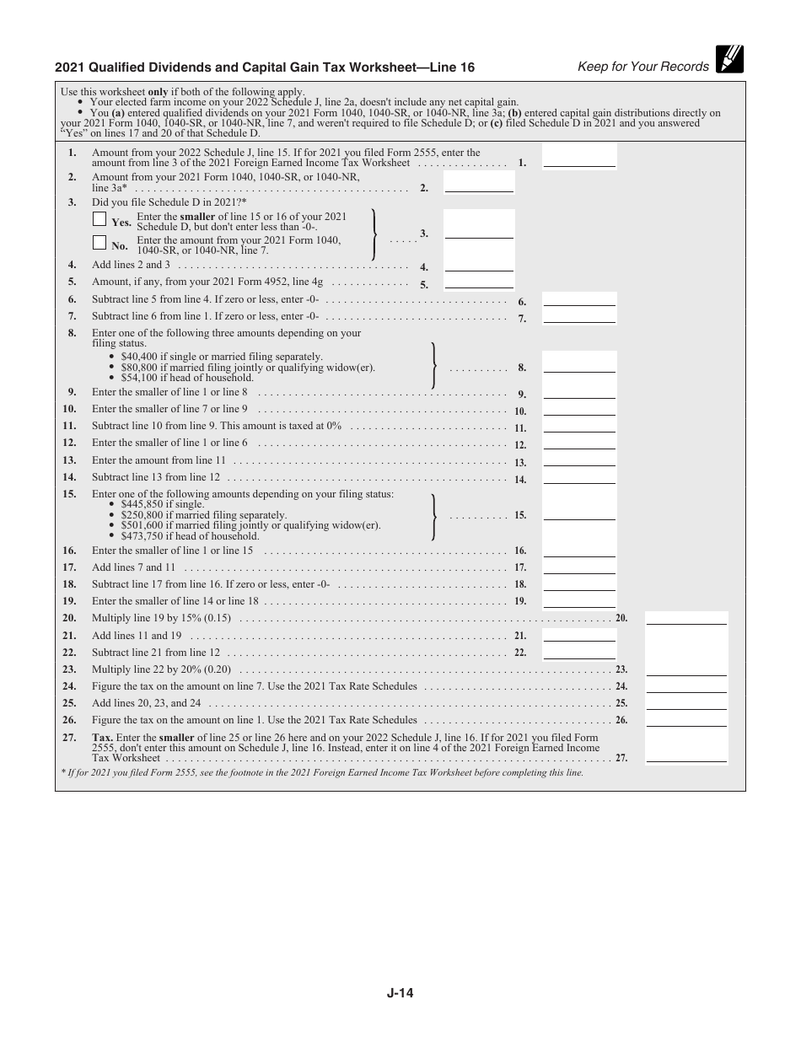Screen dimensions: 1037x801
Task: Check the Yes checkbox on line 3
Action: pos(99,219)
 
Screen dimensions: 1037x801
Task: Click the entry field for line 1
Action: pos(579,157)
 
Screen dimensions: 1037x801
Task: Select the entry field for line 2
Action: pos(479,182)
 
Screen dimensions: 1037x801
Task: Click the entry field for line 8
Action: pos(579,363)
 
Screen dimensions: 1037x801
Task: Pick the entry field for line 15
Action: pos(579,510)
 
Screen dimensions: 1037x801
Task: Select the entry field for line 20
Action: pos(685,618)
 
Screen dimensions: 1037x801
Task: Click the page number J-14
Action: pos(400,993)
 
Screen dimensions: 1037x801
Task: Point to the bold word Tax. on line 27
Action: pos(102,737)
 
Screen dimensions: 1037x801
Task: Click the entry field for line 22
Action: pos(579,653)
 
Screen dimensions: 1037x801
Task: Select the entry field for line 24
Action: pos(685,686)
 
